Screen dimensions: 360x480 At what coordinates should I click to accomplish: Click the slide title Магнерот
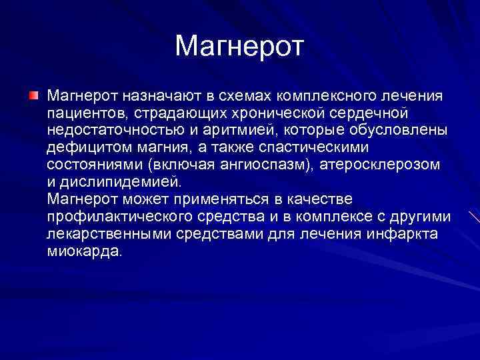pos(239,46)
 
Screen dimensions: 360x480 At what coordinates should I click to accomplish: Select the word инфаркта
pos(401,233)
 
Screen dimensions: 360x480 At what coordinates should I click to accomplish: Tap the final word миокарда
pos(85,251)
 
